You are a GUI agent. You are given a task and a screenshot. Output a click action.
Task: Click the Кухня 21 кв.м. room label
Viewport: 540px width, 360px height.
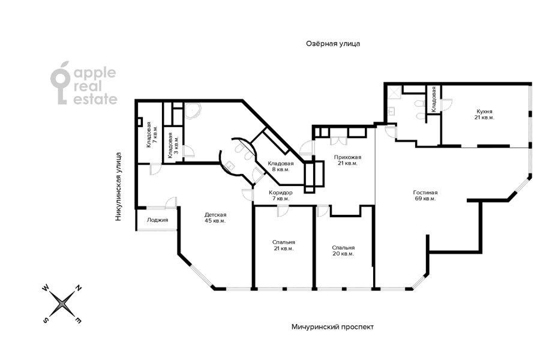(x=484, y=115)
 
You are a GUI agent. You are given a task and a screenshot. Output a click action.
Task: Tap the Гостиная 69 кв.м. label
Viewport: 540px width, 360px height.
(x=425, y=196)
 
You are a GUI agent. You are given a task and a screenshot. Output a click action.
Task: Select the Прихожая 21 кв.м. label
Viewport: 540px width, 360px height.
(x=347, y=160)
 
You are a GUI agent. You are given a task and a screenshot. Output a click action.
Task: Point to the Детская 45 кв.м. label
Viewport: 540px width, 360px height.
(x=215, y=218)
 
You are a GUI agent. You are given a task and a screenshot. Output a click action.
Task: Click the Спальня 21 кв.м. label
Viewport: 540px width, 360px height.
(x=283, y=245)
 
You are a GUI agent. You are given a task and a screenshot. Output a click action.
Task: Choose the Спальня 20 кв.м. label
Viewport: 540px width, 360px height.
(x=343, y=250)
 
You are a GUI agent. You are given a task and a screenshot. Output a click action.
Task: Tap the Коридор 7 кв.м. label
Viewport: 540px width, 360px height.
(x=281, y=196)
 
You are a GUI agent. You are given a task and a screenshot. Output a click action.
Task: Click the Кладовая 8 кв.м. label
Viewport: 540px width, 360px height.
(x=281, y=166)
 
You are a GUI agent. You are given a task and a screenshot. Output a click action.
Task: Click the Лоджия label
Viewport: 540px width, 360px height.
(x=157, y=220)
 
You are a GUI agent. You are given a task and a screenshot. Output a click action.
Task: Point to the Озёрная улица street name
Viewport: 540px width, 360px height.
(x=333, y=44)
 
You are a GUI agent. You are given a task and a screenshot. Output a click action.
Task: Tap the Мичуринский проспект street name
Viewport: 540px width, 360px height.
(x=332, y=327)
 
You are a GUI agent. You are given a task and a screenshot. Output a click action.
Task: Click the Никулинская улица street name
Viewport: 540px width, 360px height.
(x=119, y=187)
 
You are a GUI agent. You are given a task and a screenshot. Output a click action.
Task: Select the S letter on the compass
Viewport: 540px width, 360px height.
(x=45, y=320)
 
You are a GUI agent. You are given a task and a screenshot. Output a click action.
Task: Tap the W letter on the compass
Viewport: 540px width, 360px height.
(x=45, y=288)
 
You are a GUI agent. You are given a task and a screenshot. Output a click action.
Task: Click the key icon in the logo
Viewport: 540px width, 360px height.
(x=60, y=83)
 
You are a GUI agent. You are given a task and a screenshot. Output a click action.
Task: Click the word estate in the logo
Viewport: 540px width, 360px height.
(x=95, y=99)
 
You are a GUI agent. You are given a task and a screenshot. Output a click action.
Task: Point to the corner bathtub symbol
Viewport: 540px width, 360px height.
(x=193, y=110)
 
